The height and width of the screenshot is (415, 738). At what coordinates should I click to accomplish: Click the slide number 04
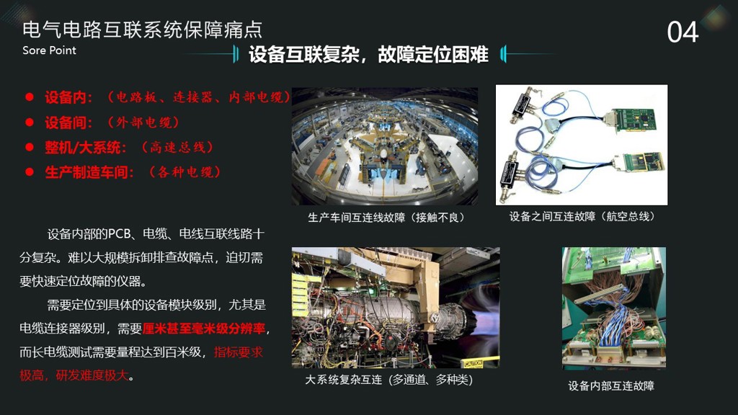click(683, 32)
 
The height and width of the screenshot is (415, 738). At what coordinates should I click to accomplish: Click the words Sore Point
click(49, 50)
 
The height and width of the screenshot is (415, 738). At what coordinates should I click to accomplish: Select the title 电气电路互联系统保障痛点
click(142, 30)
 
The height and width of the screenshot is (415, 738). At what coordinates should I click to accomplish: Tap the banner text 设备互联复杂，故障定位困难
click(368, 55)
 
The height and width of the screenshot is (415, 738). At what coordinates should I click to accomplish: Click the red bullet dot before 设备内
click(30, 97)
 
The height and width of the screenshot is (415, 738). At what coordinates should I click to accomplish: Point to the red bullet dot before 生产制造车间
click(30, 172)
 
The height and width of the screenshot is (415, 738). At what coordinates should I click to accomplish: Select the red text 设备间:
click(68, 122)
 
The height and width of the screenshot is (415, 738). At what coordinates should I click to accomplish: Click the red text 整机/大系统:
click(86, 147)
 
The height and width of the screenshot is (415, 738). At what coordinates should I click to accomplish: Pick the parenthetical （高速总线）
click(178, 147)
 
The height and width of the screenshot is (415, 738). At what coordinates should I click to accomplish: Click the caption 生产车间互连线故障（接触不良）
click(386, 218)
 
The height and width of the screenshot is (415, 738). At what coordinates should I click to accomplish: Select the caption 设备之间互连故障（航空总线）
click(582, 216)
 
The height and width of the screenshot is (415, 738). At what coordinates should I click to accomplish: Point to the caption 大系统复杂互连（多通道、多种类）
click(388, 380)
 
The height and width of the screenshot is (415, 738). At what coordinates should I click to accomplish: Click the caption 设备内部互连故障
click(611, 386)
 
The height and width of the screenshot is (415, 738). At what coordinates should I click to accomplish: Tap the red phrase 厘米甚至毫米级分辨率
click(204, 329)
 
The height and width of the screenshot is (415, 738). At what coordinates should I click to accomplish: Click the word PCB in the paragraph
click(119, 234)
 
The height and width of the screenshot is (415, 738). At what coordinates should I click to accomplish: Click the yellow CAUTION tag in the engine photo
click(473, 364)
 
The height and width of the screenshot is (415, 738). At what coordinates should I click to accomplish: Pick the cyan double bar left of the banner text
click(236, 54)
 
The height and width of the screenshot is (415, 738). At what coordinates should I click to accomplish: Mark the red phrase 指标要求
click(238, 352)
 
